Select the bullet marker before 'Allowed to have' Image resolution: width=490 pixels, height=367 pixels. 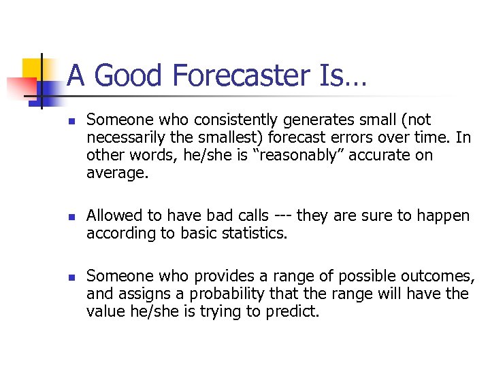pos(71,216)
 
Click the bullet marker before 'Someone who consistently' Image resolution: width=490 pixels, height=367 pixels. pos(71,120)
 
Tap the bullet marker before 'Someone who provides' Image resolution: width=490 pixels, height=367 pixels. pos(71,277)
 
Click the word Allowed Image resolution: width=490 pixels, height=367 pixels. pos(113,216)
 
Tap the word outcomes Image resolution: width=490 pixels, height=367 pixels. pos(438,276)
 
